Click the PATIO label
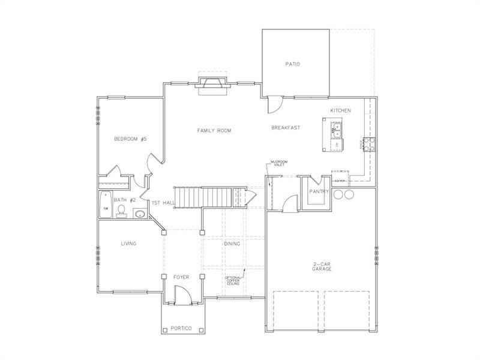[292, 64]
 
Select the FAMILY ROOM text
[214, 130]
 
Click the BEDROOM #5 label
[130, 139]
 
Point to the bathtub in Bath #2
[105, 205]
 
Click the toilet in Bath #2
[121, 210]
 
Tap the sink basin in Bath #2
[139, 213]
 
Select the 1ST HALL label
[163, 203]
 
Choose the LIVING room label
[128, 244]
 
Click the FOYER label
[181, 277]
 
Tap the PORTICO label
[181, 328]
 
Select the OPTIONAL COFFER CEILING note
[233, 281]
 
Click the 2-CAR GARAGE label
[322, 266]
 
